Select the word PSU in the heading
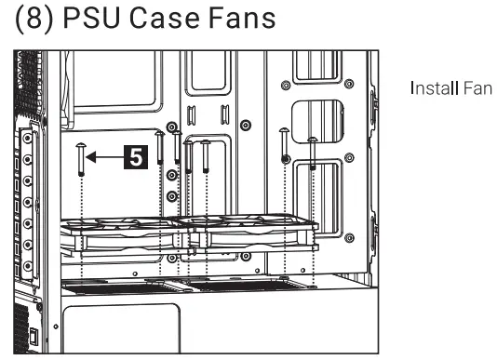click(100, 20)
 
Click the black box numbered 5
click(137, 158)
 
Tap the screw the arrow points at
click(83, 158)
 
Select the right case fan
click(256, 233)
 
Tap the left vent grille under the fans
click(112, 286)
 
